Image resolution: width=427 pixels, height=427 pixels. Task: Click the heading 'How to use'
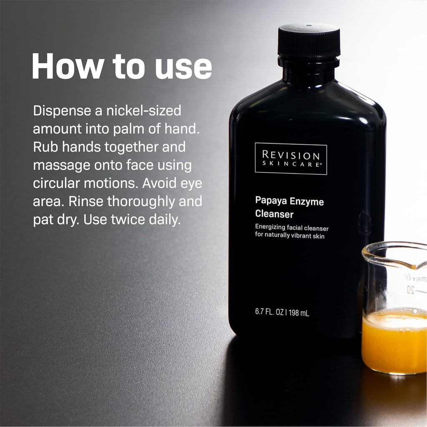(122, 66)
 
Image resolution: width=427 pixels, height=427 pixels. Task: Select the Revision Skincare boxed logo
(291, 158)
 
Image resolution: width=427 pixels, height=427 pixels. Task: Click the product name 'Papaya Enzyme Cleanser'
(289, 208)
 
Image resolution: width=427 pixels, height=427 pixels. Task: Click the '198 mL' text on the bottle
(299, 313)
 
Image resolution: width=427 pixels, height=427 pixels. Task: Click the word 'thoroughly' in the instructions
(141, 202)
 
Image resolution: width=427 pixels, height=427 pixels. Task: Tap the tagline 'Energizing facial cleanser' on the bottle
(292, 228)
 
